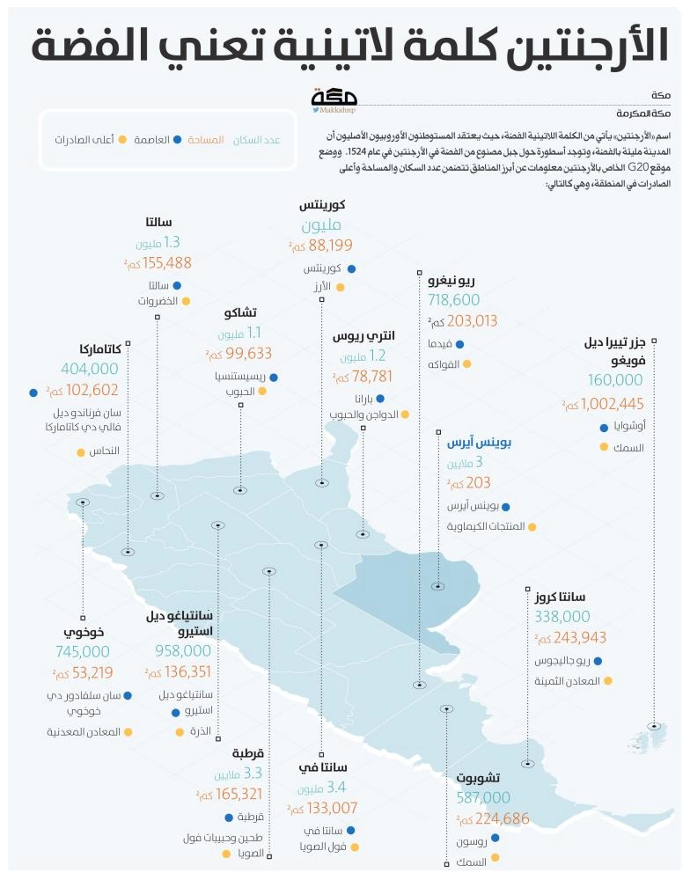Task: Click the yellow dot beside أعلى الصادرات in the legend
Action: (122, 140)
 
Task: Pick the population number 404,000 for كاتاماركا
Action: (90, 370)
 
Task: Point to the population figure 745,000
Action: (81, 652)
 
